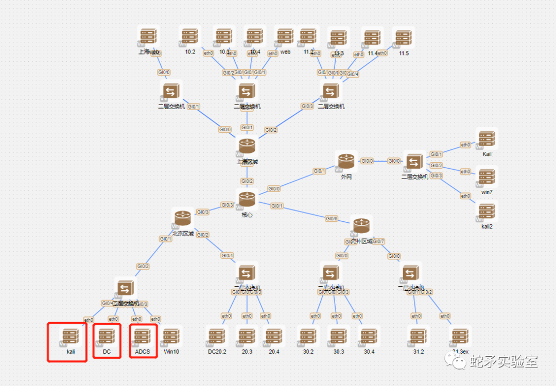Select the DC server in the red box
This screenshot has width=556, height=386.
(x=107, y=337)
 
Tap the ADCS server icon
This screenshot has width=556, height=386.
(x=142, y=337)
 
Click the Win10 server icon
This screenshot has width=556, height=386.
(x=171, y=337)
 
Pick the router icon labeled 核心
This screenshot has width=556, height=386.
(x=247, y=199)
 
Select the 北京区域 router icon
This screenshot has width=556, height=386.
(x=183, y=219)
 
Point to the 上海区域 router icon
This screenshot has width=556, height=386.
(x=247, y=146)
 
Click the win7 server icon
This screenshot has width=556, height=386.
(x=486, y=177)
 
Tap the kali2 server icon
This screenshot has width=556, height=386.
(x=486, y=212)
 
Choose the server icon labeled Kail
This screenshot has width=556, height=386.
(x=486, y=139)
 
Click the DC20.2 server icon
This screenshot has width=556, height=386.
(x=217, y=337)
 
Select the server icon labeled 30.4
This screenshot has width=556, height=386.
(x=369, y=337)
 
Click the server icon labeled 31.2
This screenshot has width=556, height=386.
(x=418, y=337)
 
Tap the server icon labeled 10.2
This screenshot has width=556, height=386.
(x=190, y=37)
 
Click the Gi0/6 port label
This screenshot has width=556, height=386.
(x=332, y=219)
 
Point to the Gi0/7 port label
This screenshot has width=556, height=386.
(x=378, y=242)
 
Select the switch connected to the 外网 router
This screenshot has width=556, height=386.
(x=414, y=162)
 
